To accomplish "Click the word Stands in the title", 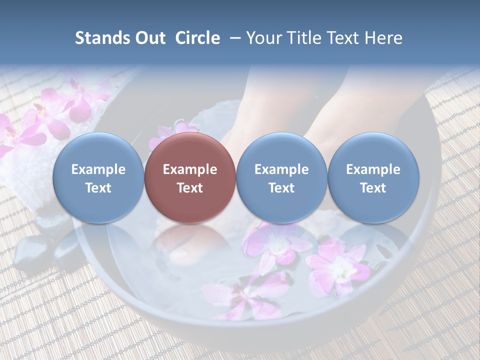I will click(99, 38).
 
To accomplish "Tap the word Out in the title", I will click(148, 38).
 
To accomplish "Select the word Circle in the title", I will click(197, 38).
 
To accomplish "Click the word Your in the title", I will click(262, 38).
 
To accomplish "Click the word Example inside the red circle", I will click(190, 169).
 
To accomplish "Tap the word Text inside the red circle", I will click(190, 188).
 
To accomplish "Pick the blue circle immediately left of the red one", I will click(98, 177).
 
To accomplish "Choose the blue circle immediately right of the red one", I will click(281, 177).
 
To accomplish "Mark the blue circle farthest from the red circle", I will click(373, 177).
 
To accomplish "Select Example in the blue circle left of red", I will click(98, 169).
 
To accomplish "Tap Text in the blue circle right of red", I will click(281, 188).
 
